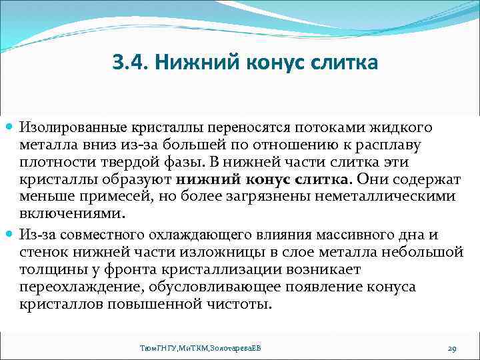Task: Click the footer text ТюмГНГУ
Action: pos(155,349)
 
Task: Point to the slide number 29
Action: pos(451,349)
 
